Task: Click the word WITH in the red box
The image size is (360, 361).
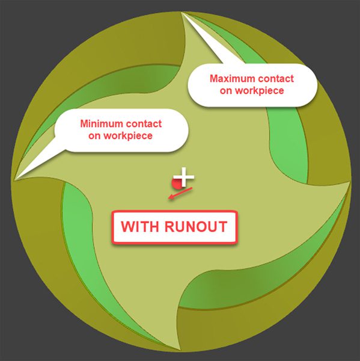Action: point(139,227)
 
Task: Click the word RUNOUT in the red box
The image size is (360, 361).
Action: point(196,227)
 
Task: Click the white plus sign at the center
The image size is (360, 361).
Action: point(184,177)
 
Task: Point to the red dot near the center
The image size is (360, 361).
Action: point(177,184)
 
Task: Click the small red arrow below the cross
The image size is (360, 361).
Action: point(180,193)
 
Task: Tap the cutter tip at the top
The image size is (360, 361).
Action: point(182,12)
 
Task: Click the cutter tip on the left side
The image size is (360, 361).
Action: point(14,179)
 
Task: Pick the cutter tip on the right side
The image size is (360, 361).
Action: point(349,182)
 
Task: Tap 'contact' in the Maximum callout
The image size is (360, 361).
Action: point(275,78)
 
